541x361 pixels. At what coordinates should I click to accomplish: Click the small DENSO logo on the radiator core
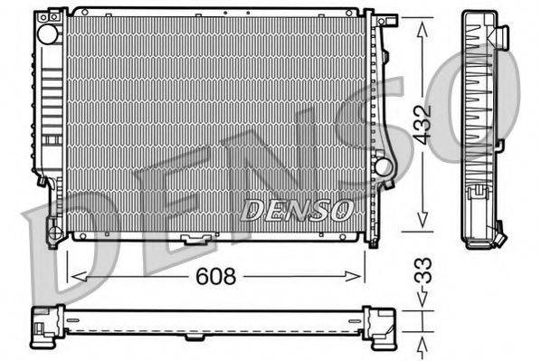coord(297,211)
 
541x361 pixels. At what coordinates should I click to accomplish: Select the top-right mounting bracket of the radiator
coord(386,19)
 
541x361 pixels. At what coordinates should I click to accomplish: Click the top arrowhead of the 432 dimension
coord(422,25)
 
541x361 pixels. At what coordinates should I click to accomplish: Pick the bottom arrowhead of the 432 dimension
coord(422,225)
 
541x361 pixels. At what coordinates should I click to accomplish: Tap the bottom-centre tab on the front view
coord(194,240)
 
